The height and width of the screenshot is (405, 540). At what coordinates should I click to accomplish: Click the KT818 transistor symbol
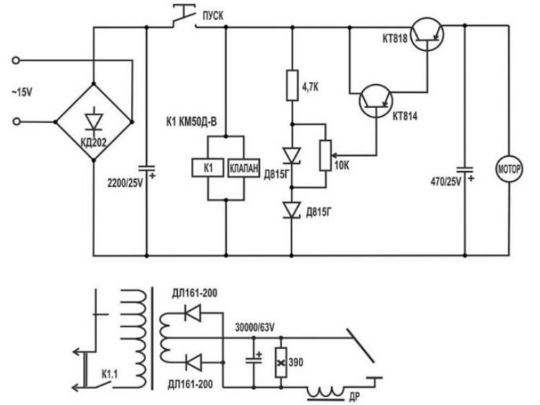tap(427, 35)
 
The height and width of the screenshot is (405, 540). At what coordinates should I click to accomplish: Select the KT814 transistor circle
tap(376, 101)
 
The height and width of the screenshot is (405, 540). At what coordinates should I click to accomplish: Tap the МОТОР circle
tap(508, 169)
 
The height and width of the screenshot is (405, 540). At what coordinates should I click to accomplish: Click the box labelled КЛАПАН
tap(243, 168)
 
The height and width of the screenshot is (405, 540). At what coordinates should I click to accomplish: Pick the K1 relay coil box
tap(207, 168)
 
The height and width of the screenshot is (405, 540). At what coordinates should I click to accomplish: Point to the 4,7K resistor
tap(292, 86)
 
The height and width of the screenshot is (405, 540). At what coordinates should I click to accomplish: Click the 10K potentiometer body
tap(325, 155)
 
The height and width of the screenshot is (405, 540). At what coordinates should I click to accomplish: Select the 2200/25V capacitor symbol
tap(146, 168)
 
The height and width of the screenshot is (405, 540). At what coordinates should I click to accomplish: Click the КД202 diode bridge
tap(94, 122)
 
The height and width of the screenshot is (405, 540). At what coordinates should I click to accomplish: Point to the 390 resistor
tap(281, 363)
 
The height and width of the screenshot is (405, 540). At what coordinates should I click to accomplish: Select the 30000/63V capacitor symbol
tap(254, 359)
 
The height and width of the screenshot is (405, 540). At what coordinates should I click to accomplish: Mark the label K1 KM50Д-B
tap(192, 122)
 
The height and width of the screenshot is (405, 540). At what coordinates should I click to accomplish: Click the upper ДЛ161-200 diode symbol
tap(193, 312)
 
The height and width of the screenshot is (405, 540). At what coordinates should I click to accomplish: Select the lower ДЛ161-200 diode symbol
tap(193, 363)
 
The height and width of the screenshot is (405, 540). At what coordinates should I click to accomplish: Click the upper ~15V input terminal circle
tap(16, 60)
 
